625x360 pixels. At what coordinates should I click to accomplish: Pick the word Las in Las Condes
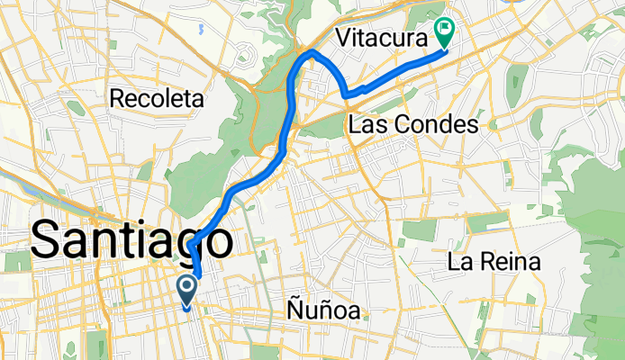click(x=367, y=124)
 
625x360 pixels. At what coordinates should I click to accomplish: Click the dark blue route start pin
click(x=187, y=291)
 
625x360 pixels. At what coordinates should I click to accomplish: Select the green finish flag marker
click(x=444, y=33)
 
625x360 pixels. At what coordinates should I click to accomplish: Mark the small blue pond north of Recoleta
click(x=202, y=28)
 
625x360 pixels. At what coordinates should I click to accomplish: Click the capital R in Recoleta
click(x=117, y=98)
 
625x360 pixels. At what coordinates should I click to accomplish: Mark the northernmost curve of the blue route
click(x=312, y=54)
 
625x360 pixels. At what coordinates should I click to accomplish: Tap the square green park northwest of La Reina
click(x=418, y=229)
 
